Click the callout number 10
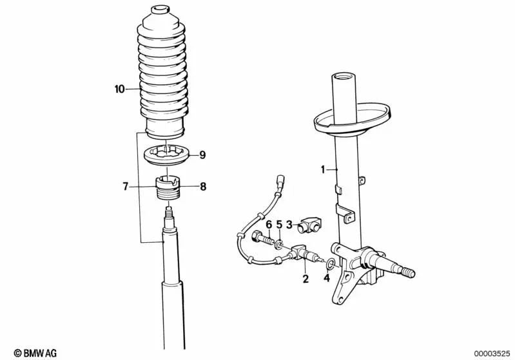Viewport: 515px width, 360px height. click(119, 89)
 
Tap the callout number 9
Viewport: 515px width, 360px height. click(202, 155)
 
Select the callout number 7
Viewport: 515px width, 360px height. click(125, 187)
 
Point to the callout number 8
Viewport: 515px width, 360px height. click(203, 187)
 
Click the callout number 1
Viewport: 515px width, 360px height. click(323, 169)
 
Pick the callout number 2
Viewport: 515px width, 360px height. click(306, 279)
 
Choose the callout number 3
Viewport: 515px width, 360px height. click(289, 225)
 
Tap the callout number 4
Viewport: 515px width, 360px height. click(326, 278)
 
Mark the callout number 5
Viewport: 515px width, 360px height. click(279, 225)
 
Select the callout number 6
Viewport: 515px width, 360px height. click(269, 225)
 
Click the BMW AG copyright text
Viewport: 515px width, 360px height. click(35, 353)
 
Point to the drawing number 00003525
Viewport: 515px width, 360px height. click(492, 354)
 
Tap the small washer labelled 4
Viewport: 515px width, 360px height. click(330, 263)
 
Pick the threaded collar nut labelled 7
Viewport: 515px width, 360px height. click(168, 188)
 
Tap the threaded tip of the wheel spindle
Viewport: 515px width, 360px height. click(407, 272)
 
